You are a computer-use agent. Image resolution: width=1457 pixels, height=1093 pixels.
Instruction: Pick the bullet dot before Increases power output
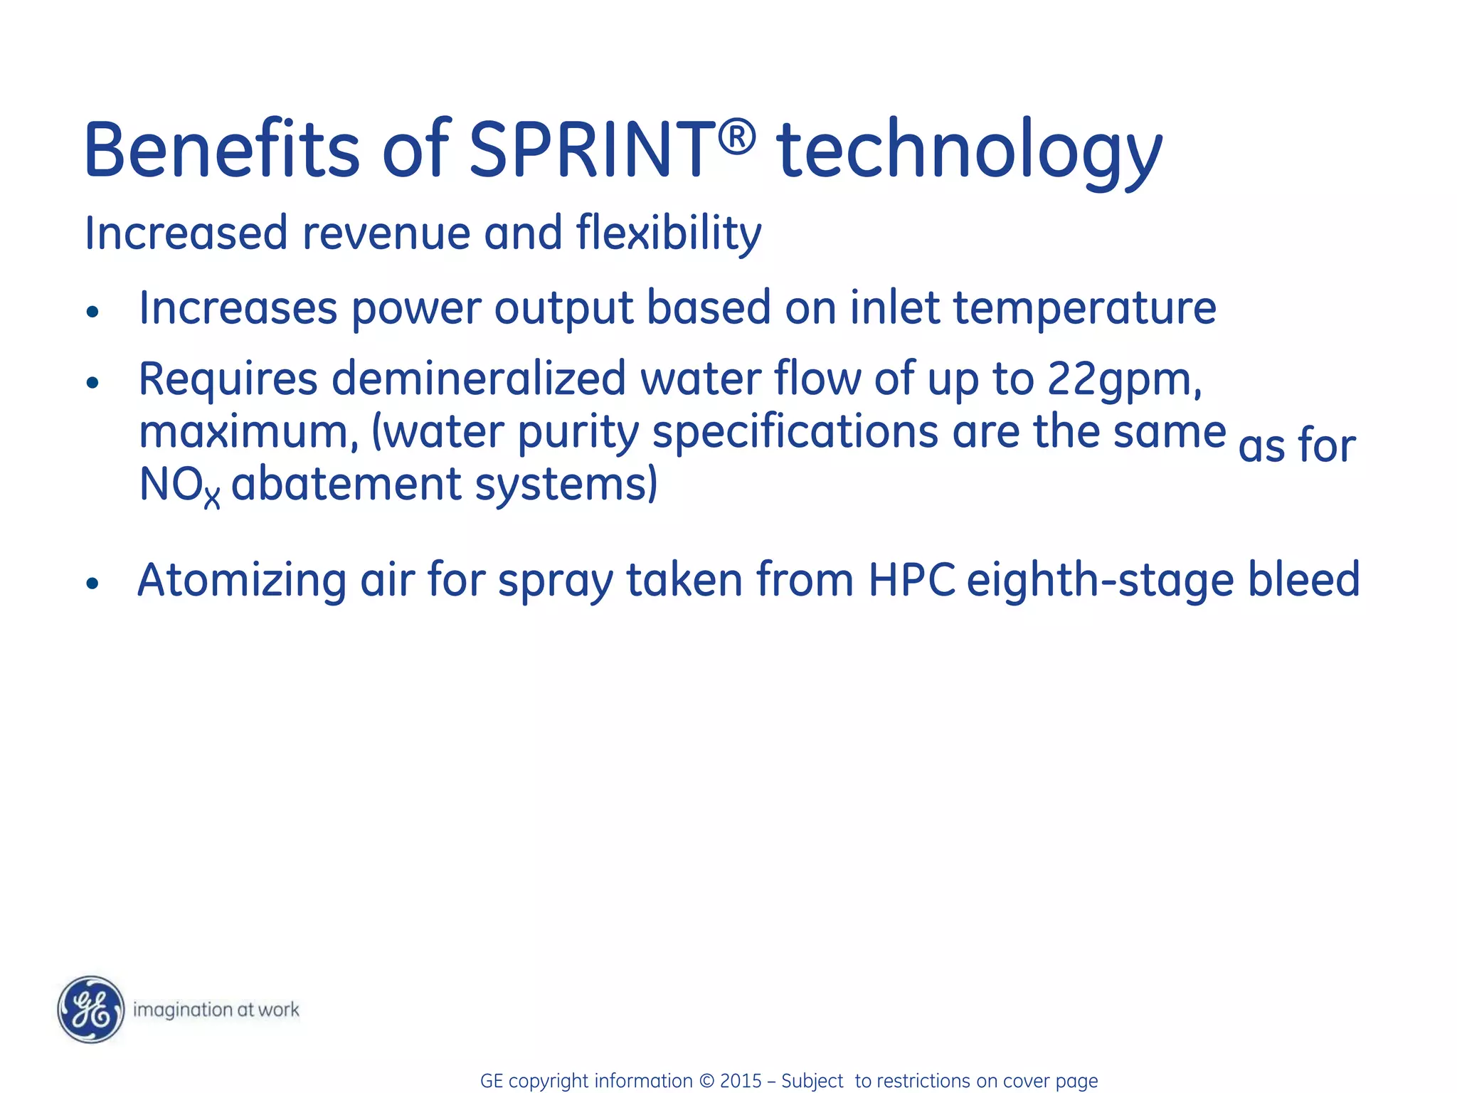(92, 311)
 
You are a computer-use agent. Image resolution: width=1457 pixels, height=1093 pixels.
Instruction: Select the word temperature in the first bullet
(1084, 308)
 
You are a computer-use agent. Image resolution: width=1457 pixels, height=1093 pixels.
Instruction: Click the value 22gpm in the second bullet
(1123, 379)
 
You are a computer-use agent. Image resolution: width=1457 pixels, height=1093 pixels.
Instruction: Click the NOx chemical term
(179, 486)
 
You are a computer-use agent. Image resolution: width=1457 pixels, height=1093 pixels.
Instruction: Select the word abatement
(346, 485)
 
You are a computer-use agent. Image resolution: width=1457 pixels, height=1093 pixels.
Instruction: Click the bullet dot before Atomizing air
(92, 584)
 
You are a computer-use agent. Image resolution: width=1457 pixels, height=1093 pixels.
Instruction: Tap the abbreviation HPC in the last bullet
(911, 580)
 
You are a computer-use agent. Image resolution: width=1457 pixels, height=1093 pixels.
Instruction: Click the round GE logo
(91, 1009)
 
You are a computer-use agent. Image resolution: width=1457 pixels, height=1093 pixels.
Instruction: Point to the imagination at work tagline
(216, 1010)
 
